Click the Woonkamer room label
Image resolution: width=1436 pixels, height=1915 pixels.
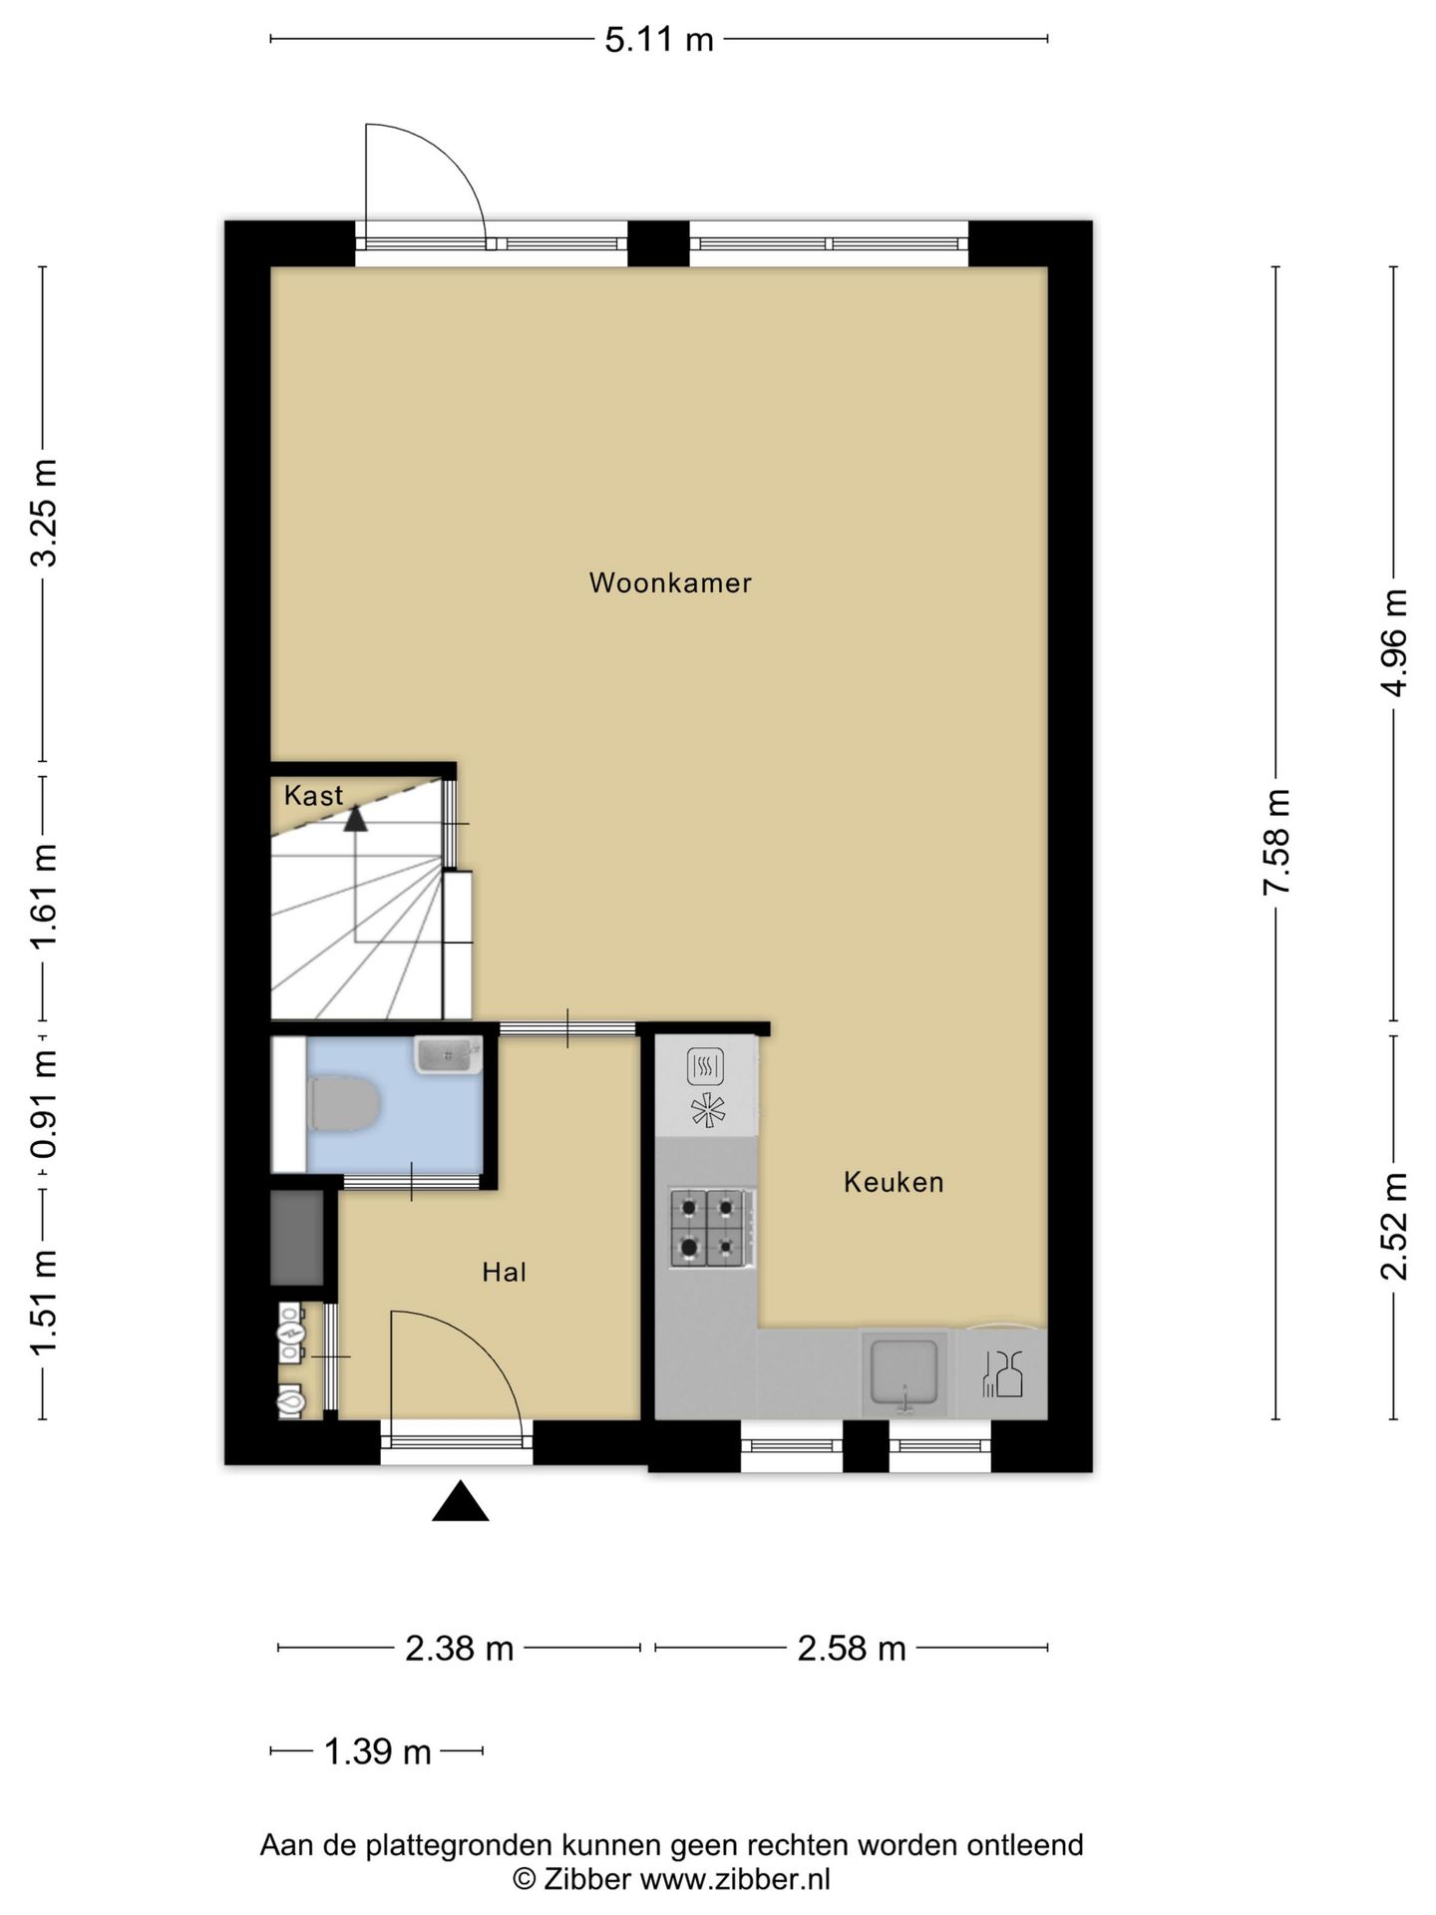coord(670,582)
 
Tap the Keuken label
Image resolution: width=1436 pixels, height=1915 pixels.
coord(894,1182)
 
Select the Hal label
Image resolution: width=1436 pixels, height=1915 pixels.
coord(504,1272)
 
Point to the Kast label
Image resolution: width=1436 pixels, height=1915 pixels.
coord(313,795)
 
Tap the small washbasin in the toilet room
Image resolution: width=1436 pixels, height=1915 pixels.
coord(448,1054)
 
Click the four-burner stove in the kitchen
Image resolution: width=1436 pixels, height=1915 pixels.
coord(710,1228)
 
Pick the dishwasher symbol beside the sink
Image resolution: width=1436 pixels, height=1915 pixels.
coord(1002,1373)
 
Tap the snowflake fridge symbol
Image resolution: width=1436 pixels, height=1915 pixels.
coord(708,1110)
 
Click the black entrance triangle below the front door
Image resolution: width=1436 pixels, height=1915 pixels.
coord(460,1501)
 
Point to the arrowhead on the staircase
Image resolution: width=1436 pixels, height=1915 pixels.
coord(355,819)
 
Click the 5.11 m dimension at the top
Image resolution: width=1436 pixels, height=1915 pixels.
coord(659,39)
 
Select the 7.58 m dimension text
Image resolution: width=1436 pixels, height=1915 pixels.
coord(1276,843)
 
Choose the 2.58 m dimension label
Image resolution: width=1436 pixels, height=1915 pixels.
coord(852,1648)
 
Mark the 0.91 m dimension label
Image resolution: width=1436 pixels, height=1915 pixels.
coord(43,1104)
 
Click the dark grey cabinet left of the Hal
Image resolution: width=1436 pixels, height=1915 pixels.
coord(297,1238)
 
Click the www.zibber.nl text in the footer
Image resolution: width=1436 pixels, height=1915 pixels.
coord(735,1879)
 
